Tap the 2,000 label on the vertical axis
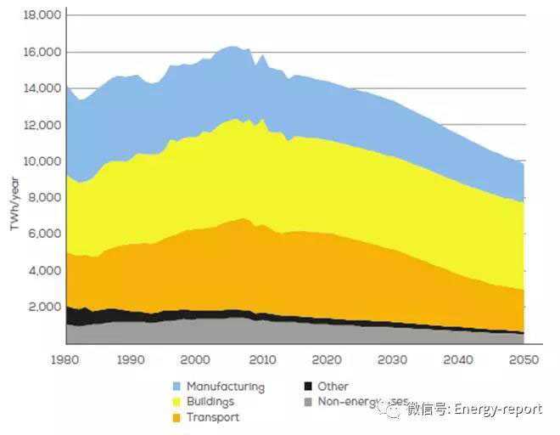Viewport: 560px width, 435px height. [x=43, y=307]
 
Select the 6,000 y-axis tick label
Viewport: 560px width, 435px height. [x=43, y=234]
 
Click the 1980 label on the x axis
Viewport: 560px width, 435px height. [x=66, y=360]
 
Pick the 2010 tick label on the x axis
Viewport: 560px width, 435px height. [x=262, y=360]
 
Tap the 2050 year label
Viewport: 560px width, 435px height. [x=524, y=360]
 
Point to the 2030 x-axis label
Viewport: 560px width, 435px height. [x=393, y=360]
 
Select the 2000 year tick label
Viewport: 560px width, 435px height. [x=197, y=360]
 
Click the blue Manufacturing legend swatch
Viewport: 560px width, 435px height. [x=176, y=387]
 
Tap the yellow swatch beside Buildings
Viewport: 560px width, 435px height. [x=176, y=402]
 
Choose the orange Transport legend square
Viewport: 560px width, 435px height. [x=176, y=417]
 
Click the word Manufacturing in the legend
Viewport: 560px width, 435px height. [x=225, y=387]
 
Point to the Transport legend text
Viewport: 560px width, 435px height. [x=212, y=417]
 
